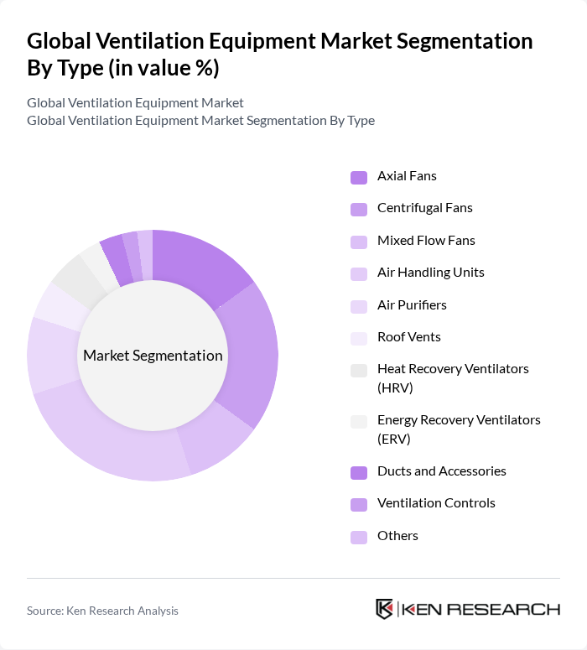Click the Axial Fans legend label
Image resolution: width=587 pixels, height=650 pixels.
(407, 176)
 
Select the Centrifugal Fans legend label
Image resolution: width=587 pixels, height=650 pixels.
(424, 208)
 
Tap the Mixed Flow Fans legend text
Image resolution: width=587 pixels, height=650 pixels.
(426, 241)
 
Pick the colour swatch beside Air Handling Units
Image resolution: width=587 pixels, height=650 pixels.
(359, 273)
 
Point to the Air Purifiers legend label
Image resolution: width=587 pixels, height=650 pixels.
(412, 305)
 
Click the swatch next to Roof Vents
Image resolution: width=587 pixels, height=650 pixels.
(359, 338)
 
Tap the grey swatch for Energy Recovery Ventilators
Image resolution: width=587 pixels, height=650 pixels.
(359, 422)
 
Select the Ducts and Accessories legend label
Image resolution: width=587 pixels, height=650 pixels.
(441, 471)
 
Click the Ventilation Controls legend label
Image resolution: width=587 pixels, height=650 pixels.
(436, 503)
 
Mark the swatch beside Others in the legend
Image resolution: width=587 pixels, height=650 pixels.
(359, 537)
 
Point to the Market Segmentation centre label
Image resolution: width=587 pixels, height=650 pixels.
(153, 356)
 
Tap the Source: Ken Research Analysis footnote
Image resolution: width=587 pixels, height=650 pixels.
(102, 611)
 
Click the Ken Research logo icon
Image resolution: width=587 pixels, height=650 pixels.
(385, 609)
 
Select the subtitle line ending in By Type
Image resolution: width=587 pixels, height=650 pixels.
(200, 121)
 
